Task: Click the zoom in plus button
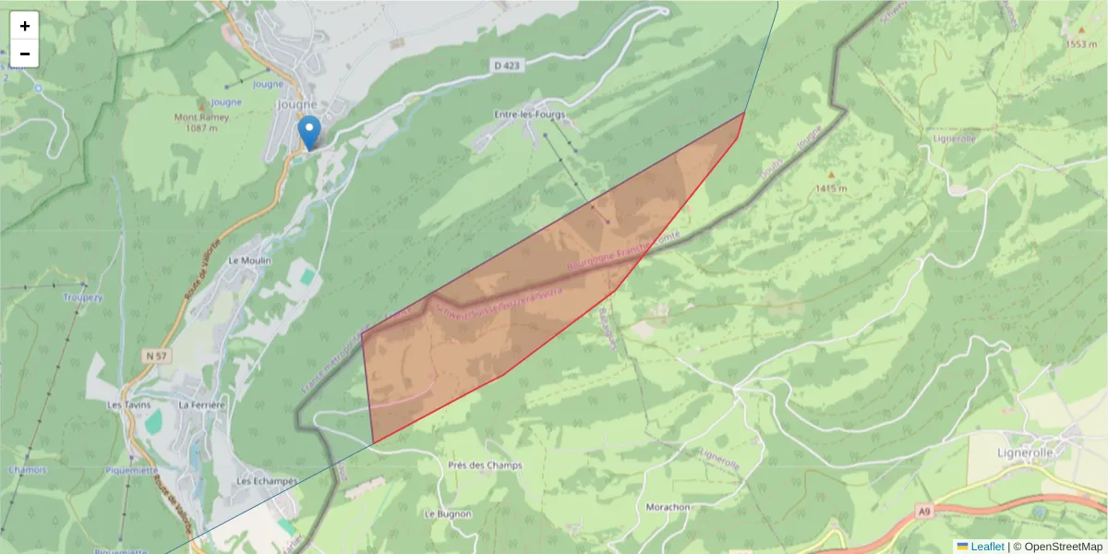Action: [x=25, y=26]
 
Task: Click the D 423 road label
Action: [x=508, y=66]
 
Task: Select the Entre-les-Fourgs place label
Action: [x=529, y=114]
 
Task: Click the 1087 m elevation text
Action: [x=200, y=128]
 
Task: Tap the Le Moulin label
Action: [x=248, y=261]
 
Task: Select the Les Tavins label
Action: [x=127, y=404]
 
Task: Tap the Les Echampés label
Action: [x=267, y=481]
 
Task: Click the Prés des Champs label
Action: [x=485, y=465]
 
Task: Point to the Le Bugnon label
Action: [x=448, y=513]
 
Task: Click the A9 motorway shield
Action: [x=923, y=510]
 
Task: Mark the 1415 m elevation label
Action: [x=831, y=188]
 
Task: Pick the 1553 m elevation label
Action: [x=1081, y=43]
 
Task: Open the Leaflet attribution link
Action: [x=987, y=547]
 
